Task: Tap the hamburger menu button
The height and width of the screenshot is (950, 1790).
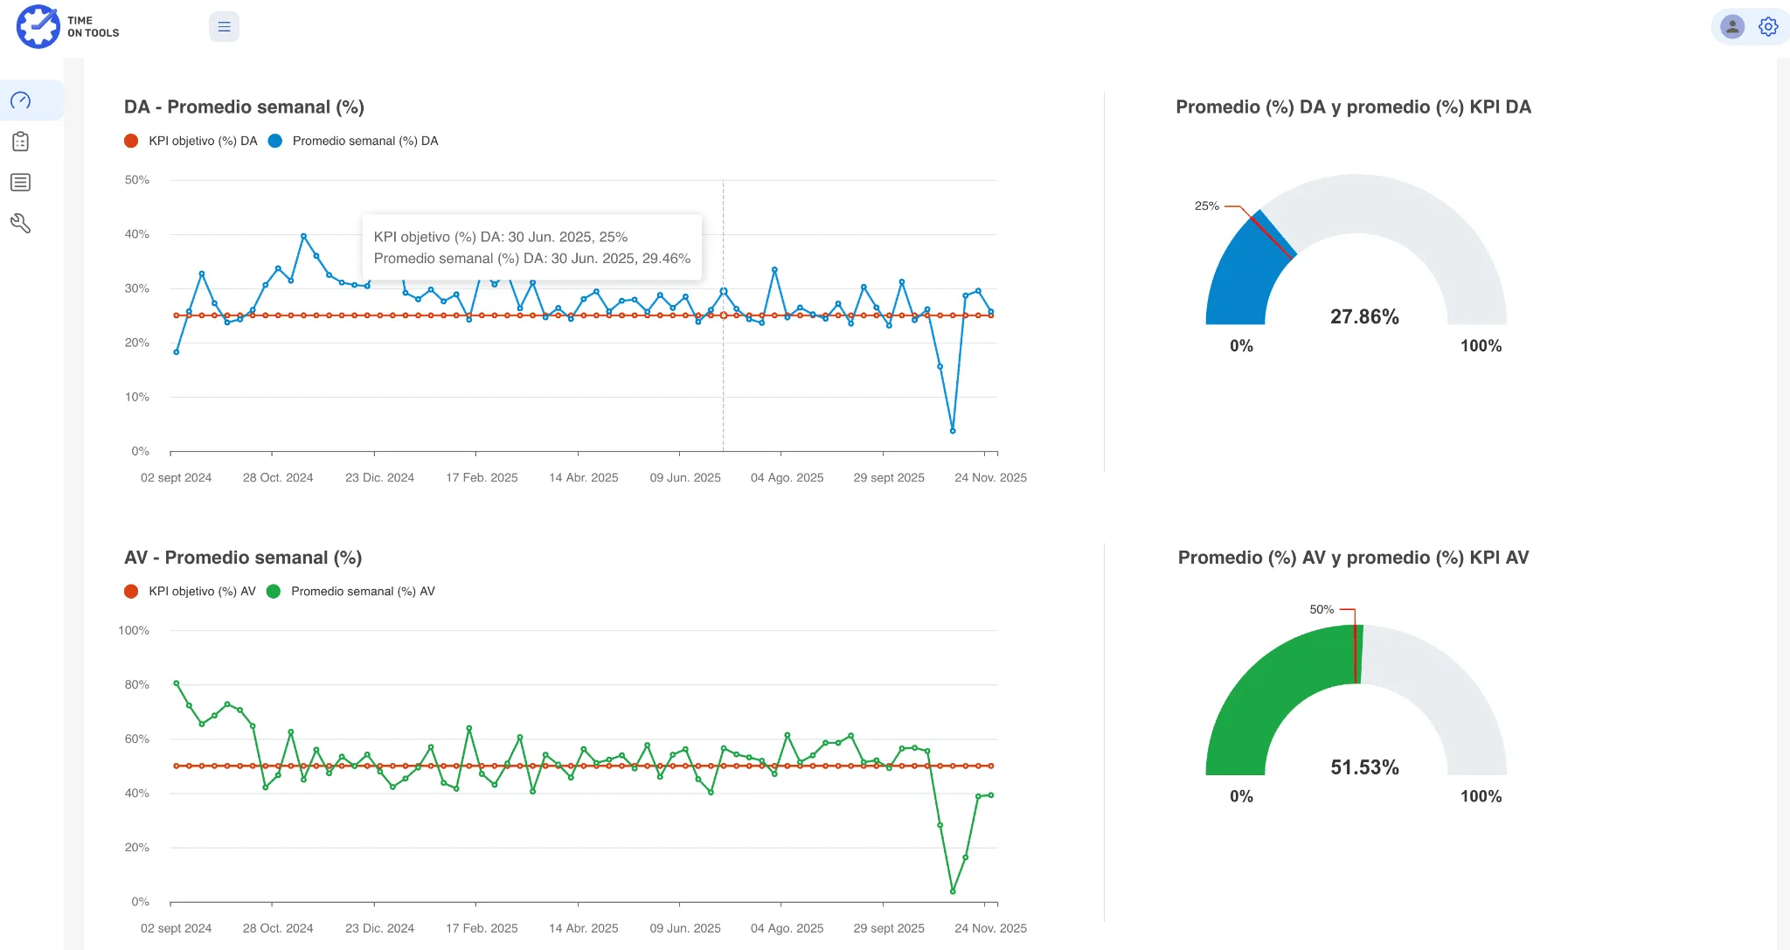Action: [224, 27]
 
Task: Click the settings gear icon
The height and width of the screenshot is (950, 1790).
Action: [1768, 27]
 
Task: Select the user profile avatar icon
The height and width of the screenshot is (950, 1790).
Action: [1731, 27]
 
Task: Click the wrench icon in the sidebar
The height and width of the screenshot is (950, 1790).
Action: [21, 224]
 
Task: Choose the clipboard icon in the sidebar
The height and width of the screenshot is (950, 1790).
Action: [21, 142]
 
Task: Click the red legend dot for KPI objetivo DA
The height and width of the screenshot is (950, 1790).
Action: [131, 141]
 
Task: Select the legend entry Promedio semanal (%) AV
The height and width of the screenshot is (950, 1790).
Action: [362, 592]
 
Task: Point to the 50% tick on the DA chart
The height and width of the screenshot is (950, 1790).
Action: [137, 180]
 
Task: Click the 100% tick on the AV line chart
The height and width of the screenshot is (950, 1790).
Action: [134, 630]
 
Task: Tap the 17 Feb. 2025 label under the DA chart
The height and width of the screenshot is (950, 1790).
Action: [482, 478]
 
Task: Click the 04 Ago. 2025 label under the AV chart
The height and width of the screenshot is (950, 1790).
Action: [787, 928]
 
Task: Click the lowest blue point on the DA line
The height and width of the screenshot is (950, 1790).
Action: [953, 431]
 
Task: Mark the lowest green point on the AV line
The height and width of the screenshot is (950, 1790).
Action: [953, 891]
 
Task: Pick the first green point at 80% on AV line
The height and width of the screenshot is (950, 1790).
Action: [177, 683]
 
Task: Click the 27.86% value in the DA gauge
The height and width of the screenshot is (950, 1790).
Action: [1364, 317]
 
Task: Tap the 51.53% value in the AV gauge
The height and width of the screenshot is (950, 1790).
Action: [1364, 767]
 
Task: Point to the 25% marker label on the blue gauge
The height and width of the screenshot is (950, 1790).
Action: [1206, 206]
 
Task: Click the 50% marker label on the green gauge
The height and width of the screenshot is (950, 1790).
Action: [1322, 610]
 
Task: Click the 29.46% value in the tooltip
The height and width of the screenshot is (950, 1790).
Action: [666, 259]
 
